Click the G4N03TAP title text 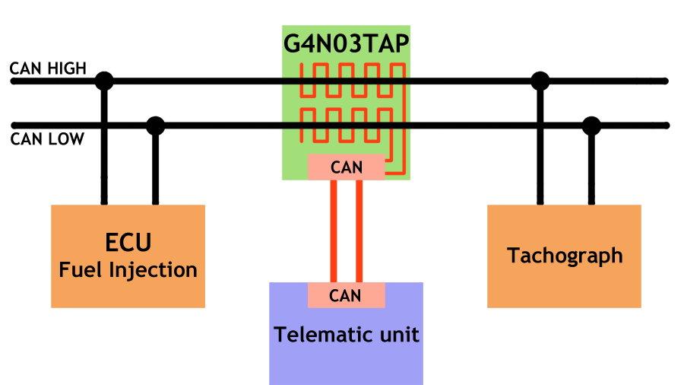click(347, 43)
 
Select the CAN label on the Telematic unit click(346, 296)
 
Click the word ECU click(128, 243)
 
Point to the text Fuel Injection click(128, 269)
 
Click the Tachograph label click(565, 256)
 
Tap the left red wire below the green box click(334, 194)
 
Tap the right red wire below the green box click(359, 194)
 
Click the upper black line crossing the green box click(347, 80)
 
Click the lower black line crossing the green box click(347, 126)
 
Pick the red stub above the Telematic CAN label click(347, 276)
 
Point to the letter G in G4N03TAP click(292, 43)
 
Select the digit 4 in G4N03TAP click(308, 43)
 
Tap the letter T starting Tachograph click(513, 255)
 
